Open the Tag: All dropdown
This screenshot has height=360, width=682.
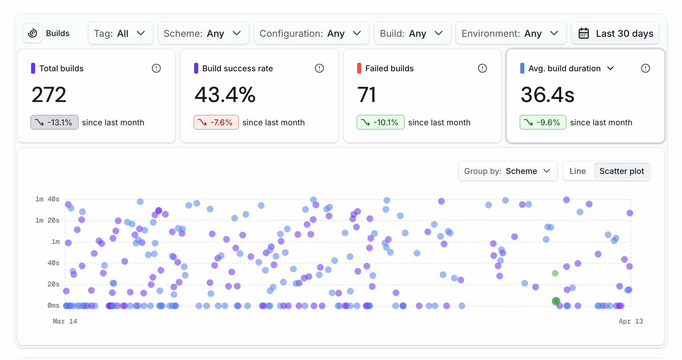(120, 33)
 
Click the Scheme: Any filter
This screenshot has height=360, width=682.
(203, 33)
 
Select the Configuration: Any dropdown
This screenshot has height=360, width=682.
(311, 33)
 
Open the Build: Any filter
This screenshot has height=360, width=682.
(412, 33)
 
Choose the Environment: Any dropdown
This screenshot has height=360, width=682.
(510, 33)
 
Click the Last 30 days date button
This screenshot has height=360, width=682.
(615, 33)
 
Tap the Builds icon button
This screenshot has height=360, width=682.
(32, 33)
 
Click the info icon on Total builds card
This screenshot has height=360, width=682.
(156, 68)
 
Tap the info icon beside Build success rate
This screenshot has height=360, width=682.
(319, 68)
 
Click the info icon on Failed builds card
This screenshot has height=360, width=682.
(482, 68)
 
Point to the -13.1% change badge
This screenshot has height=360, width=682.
(54, 122)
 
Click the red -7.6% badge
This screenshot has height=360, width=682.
(216, 122)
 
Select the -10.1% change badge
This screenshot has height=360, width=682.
(381, 122)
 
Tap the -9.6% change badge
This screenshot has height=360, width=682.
(543, 122)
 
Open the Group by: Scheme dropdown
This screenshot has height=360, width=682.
(507, 171)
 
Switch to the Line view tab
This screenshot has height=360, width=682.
(578, 171)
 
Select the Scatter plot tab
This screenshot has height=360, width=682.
(622, 171)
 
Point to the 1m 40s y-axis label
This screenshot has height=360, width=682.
(47, 199)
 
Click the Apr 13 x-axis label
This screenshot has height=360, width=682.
(631, 321)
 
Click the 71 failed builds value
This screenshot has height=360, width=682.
(367, 95)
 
